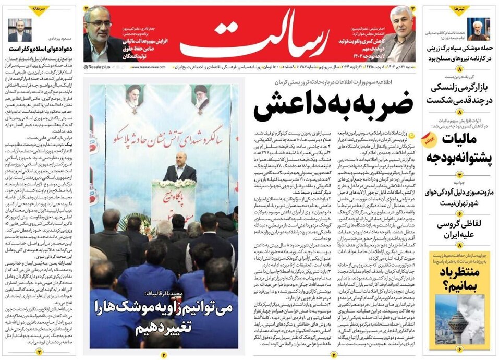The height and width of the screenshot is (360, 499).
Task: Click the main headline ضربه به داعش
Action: pyautogui.click(x=333, y=105)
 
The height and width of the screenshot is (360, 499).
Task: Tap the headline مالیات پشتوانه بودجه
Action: pyautogui.click(x=455, y=148)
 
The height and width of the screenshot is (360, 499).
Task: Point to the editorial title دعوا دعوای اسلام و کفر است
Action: pyautogui.click(x=40, y=49)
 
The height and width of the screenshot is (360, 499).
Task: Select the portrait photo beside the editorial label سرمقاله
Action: pyautogui.click(x=20, y=30)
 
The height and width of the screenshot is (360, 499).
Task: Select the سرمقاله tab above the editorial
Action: pyautogui.click(x=41, y=9)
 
